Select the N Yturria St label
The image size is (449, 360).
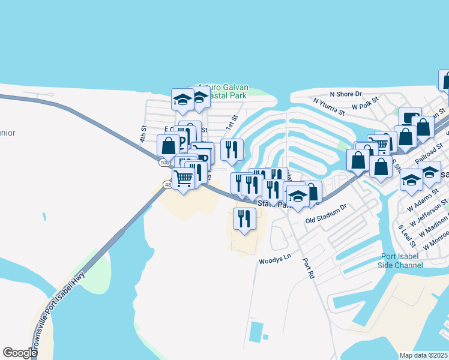coord(328,107)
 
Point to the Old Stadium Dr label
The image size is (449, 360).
coord(326,221)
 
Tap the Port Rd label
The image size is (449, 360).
coord(309,268)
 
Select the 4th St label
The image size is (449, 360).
coord(143,133)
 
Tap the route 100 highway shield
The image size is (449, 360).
coord(164,163)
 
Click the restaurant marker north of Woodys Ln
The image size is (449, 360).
coord(244,218)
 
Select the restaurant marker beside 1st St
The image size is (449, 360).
coord(232,149)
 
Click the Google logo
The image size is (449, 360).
coord(20,353)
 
